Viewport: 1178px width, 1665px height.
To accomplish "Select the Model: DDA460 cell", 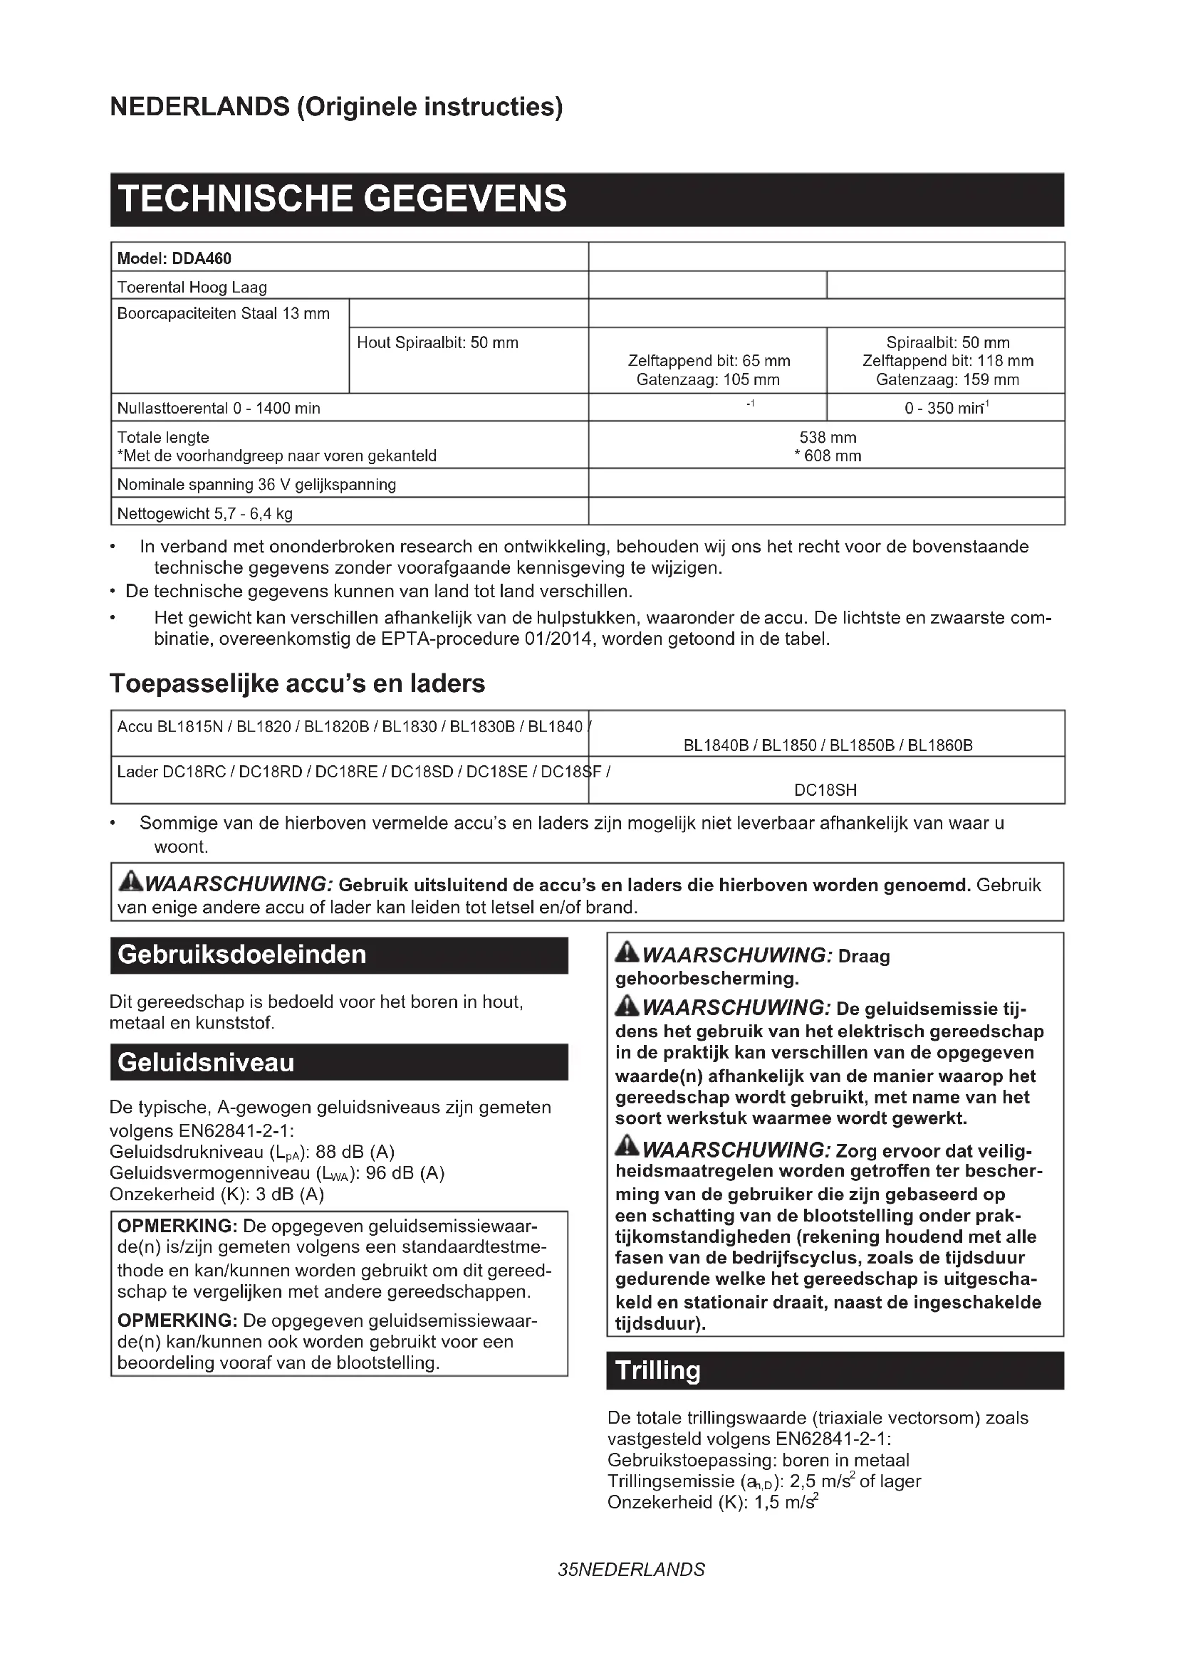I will [x=174, y=259].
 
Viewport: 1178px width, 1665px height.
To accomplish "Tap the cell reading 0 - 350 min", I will [x=946, y=409].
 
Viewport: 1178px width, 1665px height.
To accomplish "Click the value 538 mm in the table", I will [x=827, y=437].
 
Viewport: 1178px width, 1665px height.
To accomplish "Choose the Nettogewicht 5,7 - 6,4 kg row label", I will [x=204, y=514].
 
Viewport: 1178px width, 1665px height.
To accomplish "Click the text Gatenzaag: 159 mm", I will [x=947, y=380].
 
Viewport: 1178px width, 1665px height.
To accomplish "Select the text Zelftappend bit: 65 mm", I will [x=709, y=361].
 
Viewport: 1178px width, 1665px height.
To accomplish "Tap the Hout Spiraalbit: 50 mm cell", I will [x=437, y=343].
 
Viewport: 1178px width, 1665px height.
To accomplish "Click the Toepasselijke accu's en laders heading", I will [x=298, y=684].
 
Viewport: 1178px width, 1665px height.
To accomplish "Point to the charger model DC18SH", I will [x=825, y=790].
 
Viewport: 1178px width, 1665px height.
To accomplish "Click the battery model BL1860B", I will [x=940, y=745].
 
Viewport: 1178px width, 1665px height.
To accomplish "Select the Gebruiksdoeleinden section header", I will [x=242, y=955].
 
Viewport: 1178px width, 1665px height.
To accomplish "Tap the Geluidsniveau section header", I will [x=206, y=1063].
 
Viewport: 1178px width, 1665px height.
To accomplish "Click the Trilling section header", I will [x=658, y=1370].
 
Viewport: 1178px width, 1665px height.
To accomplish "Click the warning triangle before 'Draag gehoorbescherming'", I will [x=627, y=953].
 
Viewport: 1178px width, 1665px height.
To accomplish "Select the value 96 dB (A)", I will [x=405, y=1173].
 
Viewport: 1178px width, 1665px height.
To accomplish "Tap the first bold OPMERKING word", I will [x=177, y=1227].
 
